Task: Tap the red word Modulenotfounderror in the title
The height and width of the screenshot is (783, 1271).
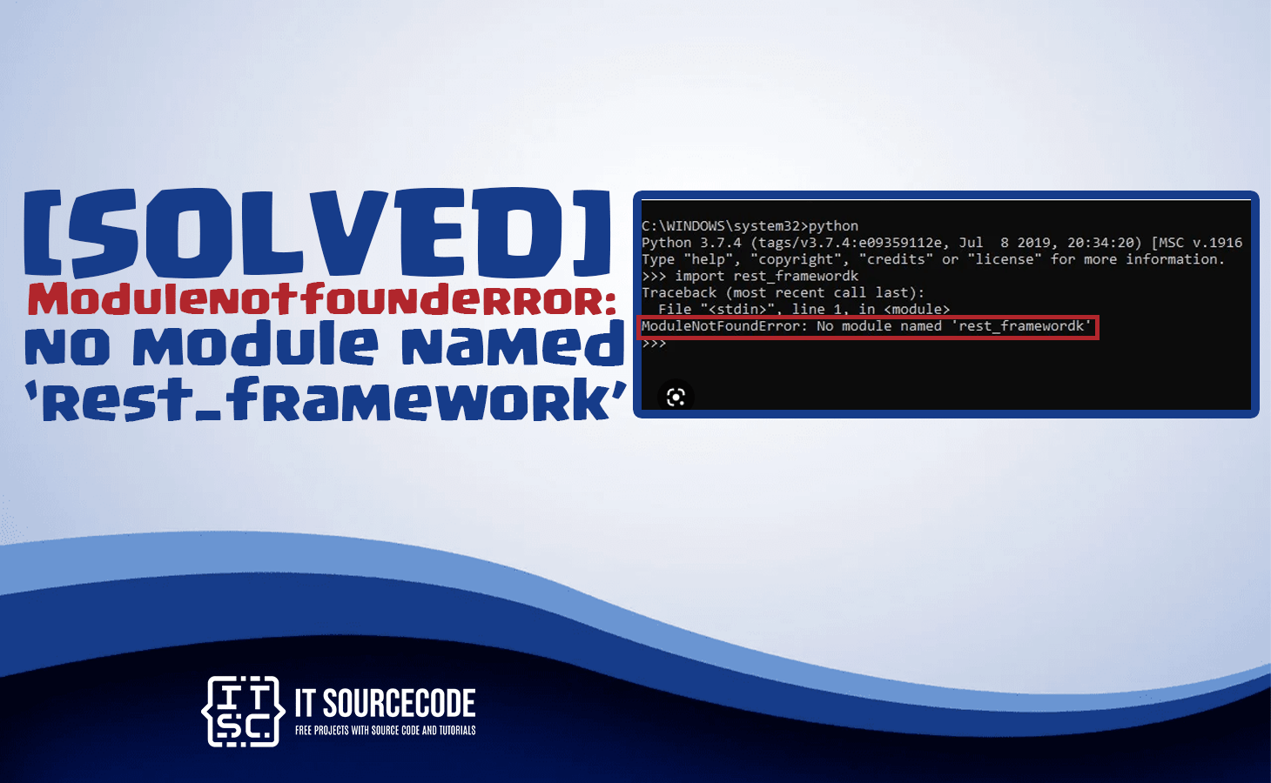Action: tap(321, 300)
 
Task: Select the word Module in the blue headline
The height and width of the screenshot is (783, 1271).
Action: tap(255, 345)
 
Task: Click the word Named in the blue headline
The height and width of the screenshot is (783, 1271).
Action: tap(512, 345)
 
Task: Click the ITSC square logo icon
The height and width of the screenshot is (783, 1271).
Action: tap(243, 711)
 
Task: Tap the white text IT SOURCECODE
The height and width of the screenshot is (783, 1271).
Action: tap(385, 703)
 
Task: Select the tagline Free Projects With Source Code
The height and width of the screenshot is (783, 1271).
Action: tap(385, 731)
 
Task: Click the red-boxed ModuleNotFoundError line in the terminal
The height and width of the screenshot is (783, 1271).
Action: tap(867, 326)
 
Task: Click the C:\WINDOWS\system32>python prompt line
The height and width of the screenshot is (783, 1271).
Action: tap(750, 226)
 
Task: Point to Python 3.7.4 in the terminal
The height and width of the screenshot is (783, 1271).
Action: tap(691, 243)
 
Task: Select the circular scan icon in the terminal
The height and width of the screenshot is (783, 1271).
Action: tap(676, 398)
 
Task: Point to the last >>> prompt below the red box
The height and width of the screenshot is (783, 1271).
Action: tap(654, 344)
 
